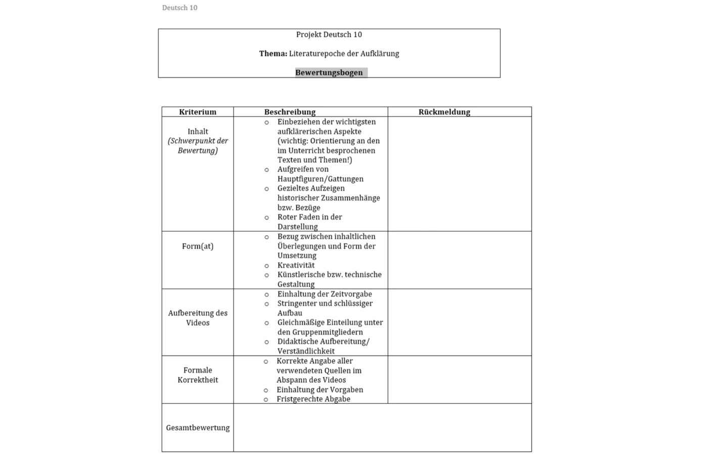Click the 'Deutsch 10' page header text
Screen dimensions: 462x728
(179, 8)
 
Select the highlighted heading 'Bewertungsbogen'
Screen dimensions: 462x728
(329, 72)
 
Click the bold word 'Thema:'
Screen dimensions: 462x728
(273, 54)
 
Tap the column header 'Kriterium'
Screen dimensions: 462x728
(198, 112)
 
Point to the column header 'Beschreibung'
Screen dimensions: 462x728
(290, 112)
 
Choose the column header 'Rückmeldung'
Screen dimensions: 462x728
(444, 112)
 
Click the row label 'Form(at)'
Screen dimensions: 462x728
(198, 246)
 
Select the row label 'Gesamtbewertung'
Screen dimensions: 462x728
(198, 428)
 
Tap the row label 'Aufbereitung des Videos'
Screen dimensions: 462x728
(198, 318)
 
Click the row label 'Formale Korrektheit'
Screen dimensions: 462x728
(198, 375)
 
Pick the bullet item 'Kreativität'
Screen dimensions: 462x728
(296, 265)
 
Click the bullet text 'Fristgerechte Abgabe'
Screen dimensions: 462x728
(313, 399)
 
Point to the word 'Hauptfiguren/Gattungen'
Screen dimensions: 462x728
(321, 179)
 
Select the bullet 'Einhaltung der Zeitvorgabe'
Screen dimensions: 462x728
(325, 294)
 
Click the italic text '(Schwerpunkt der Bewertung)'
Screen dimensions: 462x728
(198, 146)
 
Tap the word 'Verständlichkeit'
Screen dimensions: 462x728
(306, 351)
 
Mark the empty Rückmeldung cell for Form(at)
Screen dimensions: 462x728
(459, 260)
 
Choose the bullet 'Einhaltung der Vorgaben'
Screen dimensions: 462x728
(320, 390)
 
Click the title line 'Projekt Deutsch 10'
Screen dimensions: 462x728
(329, 34)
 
